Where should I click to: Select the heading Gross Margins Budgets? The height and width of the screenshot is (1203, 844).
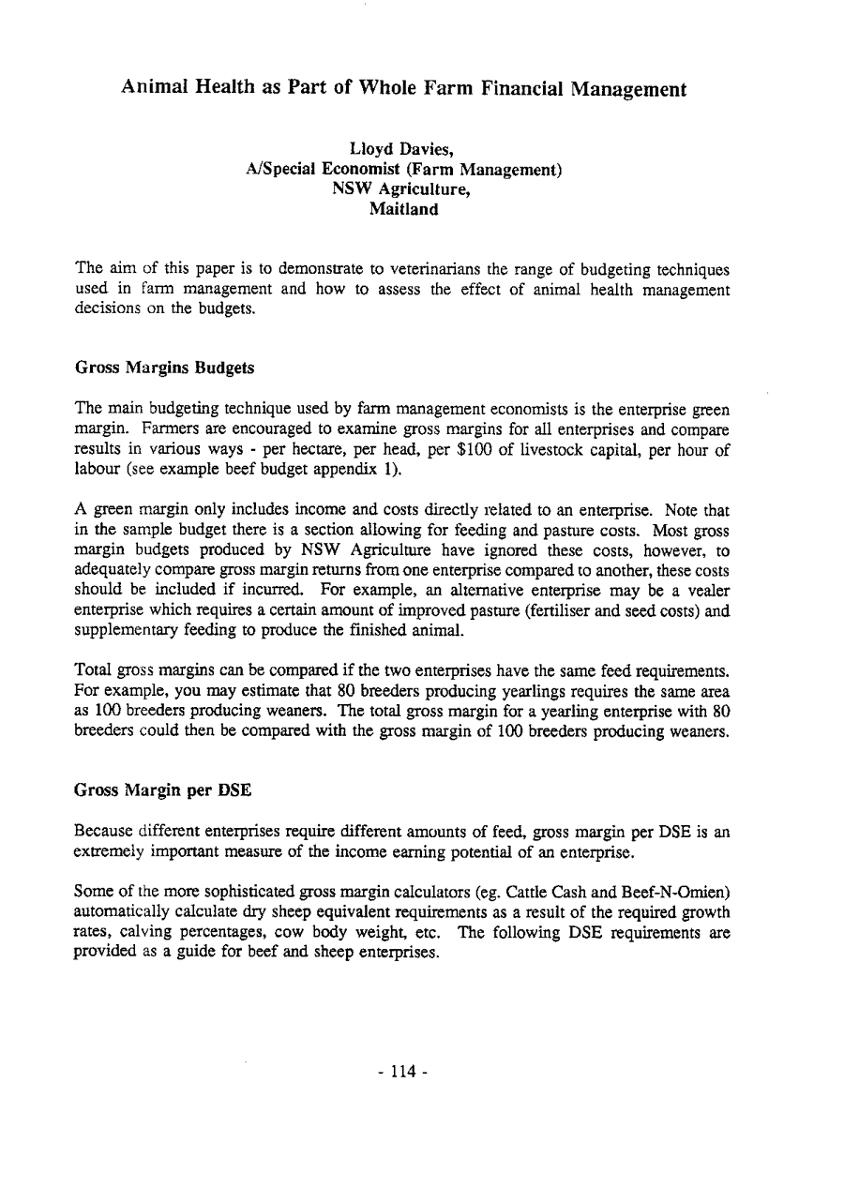coord(164,368)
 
